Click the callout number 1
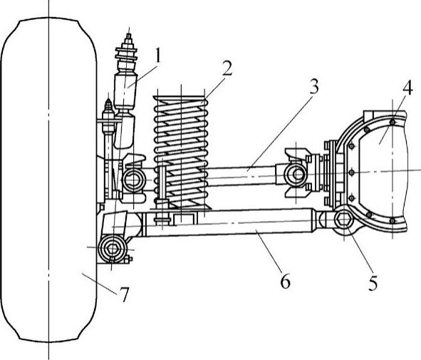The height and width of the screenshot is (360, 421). pyautogui.click(x=157, y=55)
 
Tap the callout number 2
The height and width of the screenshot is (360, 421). pyautogui.click(x=227, y=68)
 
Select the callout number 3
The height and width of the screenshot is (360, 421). pyautogui.click(x=314, y=86)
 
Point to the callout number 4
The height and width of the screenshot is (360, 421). pyautogui.click(x=407, y=87)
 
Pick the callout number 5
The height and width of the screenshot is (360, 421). pyautogui.click(x=373, y=282)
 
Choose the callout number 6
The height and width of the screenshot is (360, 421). pyautogui.click(x=285, y=281)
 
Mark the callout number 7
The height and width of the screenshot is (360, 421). pyautogui.click(x=124, y=294)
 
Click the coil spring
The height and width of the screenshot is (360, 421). pyautogui.click(x=181, y=152)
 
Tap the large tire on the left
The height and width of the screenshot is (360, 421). pyautogui.click(x=48, y=180)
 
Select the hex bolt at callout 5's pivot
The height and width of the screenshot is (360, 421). pyautogui.click(x=344, y=219)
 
